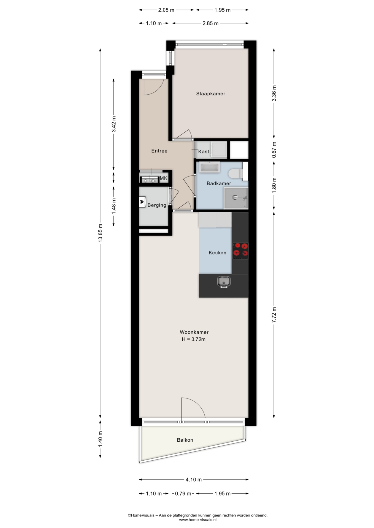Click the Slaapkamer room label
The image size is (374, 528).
[x=211, y=94]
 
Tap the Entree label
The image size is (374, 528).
[x=159, y=151]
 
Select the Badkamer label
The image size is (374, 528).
[x=219, y=183]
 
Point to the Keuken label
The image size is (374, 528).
[x=217, y=252]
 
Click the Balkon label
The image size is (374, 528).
[x=185, y=440]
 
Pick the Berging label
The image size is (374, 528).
[x=157, y=205]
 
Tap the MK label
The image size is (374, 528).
[x=163, y=178]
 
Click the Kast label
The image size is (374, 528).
[x=204, y=152]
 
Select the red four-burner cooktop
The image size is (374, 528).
[x=240, y=251]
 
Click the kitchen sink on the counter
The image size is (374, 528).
[x=224, y=282]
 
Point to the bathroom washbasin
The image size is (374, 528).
[x=210, y=167]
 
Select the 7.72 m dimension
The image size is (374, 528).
[x=274, y=315]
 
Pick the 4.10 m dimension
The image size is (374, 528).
[x=194, y=480]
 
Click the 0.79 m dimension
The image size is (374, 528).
[x=183, y=494]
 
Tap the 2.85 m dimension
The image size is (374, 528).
[x=210, y=23]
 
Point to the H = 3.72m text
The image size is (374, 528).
[x=194, y=339]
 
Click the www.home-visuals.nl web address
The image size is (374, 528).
[x=198, y=520]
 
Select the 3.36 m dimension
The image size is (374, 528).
[x=274, y=94]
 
